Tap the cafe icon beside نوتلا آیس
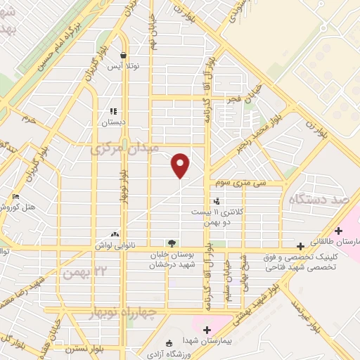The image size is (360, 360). point(124,56)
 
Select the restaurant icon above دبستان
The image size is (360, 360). point(112,111)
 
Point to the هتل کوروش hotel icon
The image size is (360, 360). point(15,196)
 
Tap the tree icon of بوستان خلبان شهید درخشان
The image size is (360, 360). point(172,244)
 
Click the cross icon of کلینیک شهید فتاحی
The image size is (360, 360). point(301,246)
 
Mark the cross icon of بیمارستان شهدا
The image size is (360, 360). point(206,329)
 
